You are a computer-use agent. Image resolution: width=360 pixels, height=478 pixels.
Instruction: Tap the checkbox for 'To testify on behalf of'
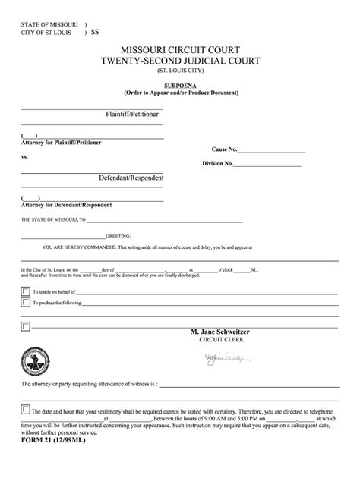click(26, 291)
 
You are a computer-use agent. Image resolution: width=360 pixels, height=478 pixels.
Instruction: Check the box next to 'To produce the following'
click(26, 301)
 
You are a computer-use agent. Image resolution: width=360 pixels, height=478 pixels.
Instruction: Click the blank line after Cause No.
click(273, 151)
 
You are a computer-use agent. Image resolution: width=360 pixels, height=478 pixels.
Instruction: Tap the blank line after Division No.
click(270, 163)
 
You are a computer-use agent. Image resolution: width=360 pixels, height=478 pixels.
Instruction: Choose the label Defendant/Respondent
click(131, 178)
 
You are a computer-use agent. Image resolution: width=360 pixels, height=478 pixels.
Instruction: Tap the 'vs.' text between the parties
click(25, 157)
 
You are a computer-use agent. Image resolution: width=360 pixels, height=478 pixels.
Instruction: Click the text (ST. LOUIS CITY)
click(182, 72)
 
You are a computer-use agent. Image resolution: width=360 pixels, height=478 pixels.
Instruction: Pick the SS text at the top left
click(95, 33)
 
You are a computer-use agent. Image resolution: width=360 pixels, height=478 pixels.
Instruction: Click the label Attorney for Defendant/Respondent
click(67, 205)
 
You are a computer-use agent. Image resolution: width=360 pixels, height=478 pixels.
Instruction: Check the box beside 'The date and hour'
click(26, 409)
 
